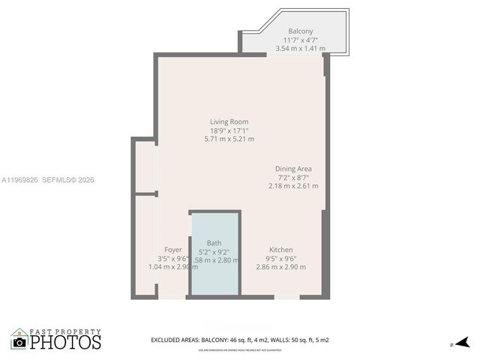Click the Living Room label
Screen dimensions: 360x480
point(229,121)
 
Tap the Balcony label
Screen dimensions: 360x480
point(301,31)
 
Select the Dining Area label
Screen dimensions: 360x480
point(293,169)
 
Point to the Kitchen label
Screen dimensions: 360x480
point(281,250)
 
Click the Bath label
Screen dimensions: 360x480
point(214,243)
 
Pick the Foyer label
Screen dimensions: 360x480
point(173,250)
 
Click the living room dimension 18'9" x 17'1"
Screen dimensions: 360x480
point(229,130)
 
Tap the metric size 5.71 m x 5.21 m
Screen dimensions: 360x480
point(229,139)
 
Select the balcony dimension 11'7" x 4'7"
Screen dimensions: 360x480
point(301,40)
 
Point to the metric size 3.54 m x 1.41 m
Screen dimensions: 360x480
point(301,49)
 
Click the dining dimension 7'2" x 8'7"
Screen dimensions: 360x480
point(293,177)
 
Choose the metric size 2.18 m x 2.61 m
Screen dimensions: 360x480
point(293,186)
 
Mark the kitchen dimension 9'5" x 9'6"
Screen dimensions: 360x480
point(281,259)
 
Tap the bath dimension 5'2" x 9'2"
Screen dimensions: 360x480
point(214,252)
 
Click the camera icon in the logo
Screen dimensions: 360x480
point(19,342)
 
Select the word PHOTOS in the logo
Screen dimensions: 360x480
point(65,343)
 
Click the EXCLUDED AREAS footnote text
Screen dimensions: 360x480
point(240,340)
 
